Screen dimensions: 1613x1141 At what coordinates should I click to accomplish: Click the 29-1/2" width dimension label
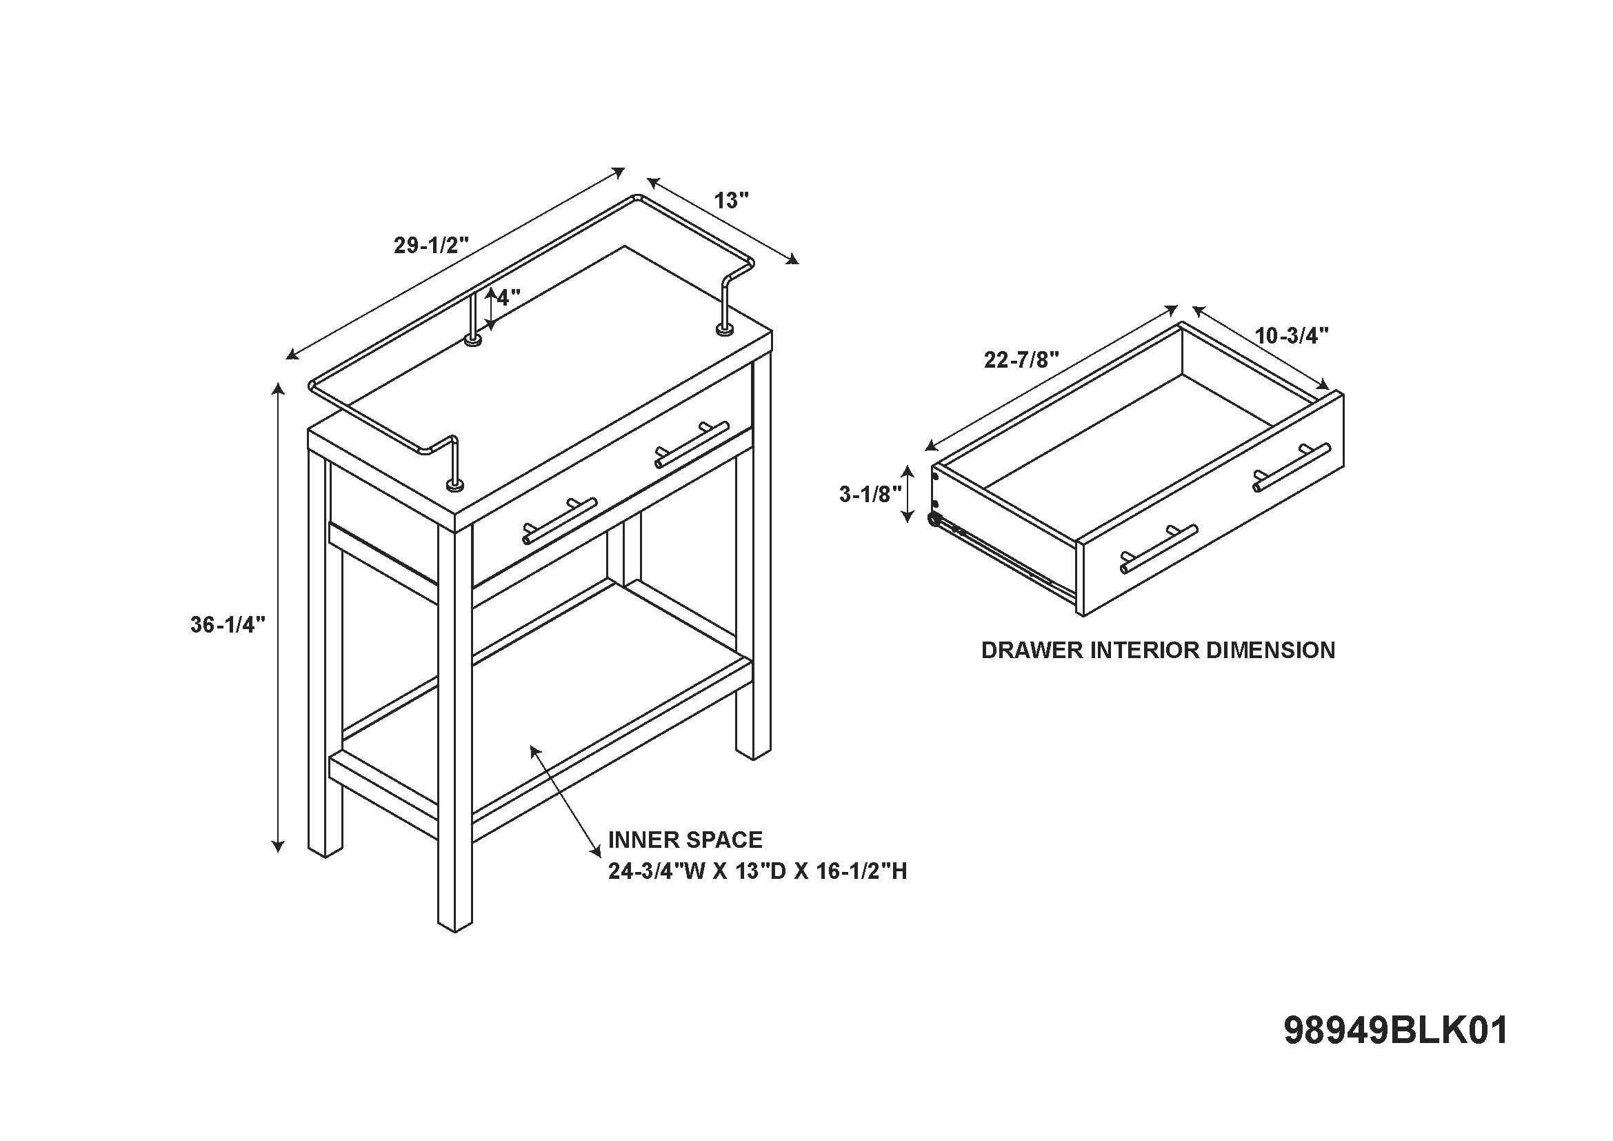(430, 245)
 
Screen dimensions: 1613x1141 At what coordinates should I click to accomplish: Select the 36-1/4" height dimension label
(228, 624)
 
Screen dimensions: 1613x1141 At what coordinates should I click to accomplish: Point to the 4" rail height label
(508, 297)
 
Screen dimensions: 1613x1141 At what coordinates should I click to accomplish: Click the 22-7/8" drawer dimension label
(1021, 359)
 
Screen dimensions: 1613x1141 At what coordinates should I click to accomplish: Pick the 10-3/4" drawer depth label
(1292, 336)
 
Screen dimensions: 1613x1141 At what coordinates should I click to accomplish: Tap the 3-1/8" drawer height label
(870, 495)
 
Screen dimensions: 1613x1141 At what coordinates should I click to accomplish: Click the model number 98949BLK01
(1396, 1031)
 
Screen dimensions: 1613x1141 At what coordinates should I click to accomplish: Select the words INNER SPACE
(685, 840)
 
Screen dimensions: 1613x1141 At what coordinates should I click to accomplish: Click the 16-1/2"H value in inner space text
(862, 871)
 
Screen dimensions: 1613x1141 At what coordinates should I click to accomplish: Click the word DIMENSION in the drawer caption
(1270, 650)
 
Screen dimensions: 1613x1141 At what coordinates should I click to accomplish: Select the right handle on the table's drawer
(692, 444)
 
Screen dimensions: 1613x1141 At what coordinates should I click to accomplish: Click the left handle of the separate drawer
(1159, 548)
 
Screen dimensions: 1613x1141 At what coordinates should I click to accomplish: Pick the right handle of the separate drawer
(1292, 467)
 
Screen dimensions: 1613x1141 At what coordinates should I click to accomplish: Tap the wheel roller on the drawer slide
(935, 519)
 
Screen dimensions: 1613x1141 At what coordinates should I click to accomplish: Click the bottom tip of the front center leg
(455, 931)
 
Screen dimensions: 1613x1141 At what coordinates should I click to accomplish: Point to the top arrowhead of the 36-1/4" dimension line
(279, 388)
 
